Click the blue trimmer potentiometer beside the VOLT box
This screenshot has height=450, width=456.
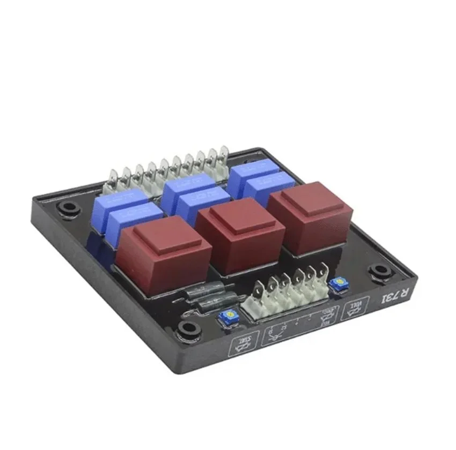click(x=337, y=284)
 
